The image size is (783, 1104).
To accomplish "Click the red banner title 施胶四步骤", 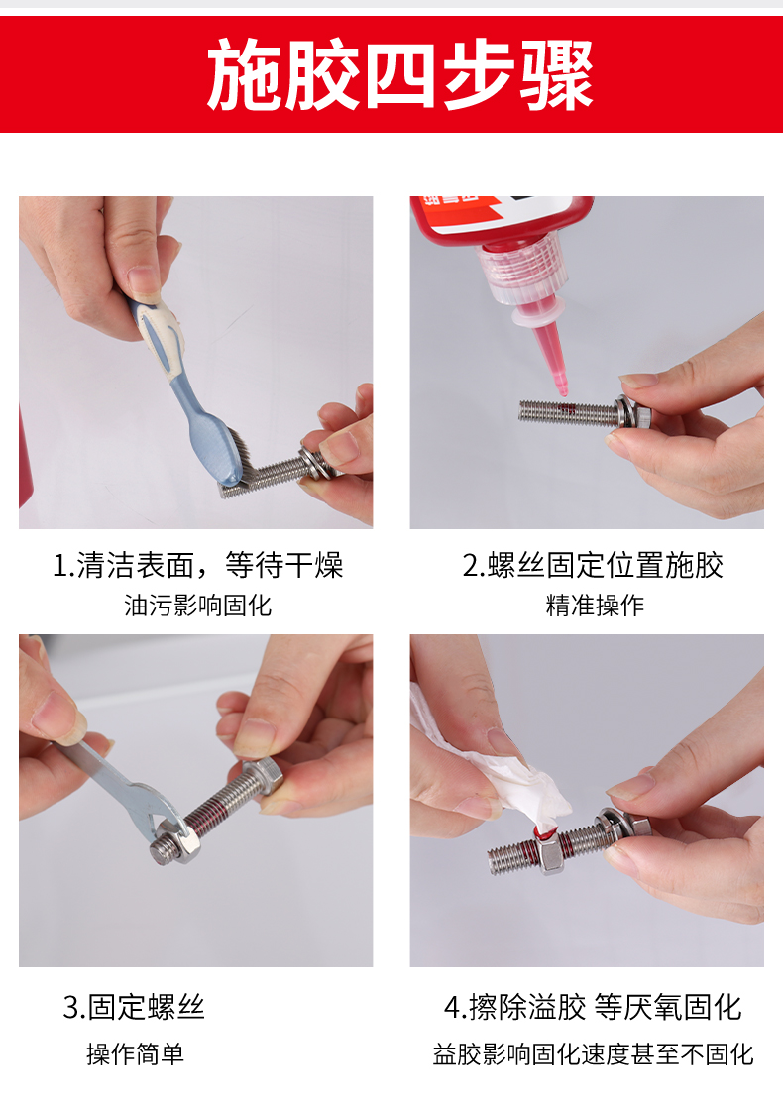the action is click(400, 74).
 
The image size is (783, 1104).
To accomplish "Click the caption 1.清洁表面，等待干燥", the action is click(198, 565).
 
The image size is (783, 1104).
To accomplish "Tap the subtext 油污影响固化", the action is click(198, 605).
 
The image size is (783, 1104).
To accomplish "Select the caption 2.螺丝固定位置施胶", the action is click(593, 565).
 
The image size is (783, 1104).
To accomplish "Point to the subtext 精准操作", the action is click(595, 605).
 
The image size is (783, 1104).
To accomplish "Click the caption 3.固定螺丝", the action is click(134, 1007).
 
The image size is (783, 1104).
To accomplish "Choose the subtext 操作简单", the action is click(135, 1054).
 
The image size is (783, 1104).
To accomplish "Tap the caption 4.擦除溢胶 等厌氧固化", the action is click(593, 1007).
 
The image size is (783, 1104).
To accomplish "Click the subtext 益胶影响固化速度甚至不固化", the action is click(593, 1054).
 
